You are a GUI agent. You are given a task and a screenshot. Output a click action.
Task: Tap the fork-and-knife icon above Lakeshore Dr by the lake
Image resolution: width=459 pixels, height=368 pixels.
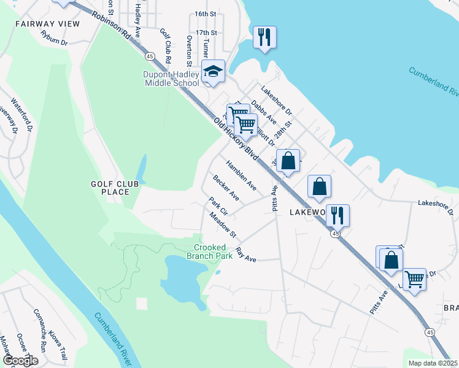click(x=264, y=37)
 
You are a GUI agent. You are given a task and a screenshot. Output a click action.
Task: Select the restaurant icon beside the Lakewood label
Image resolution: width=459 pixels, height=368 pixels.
click(x=337, y=215)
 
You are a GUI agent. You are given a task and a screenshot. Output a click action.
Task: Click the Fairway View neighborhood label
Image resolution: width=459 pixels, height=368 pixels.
click(x=48, y=23)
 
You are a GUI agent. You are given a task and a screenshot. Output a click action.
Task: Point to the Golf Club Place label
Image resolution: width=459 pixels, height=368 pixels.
click(x=115, y=188)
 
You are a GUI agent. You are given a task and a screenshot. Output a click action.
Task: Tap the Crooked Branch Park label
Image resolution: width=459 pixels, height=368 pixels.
click(x=209, y=251)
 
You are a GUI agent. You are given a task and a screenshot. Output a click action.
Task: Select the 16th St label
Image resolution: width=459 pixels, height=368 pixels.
click(x=206, y=13)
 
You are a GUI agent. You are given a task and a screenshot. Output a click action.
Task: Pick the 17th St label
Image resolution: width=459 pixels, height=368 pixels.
click(x=206, y=32)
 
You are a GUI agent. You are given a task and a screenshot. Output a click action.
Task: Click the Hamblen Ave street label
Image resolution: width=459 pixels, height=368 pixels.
click(x=241, y=175)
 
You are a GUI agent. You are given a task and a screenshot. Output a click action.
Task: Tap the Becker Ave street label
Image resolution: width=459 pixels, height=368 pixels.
click(x=226, y=188)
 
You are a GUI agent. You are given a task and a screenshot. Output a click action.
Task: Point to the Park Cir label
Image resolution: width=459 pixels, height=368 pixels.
click(x=218, y=205)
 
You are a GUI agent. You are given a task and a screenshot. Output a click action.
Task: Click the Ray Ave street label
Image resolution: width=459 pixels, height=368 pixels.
click(x=245, y=256)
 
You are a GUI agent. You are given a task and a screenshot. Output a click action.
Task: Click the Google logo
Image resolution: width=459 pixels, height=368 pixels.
click(x=20, y=361)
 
